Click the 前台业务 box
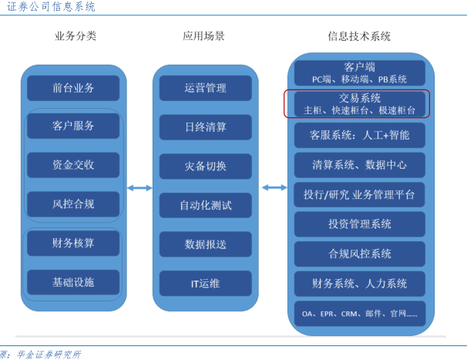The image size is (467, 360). pyautogui.click(x=73, y=88)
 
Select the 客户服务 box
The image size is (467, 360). pyautogui.click(x=73, y=126)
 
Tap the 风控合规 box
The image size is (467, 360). pyautogui.click(x=73, y=204)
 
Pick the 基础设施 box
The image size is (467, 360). pyautogui.click(x=73, y=282)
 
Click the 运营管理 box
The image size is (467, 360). pyautogui.click(x=206, y=88)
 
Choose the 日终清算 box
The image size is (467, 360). pyautogui.click(x=206, y=127)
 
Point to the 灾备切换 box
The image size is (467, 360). pyautogui.click(x=206, y=167)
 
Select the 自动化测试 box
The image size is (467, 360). pyautogui.click(x=206, y=205)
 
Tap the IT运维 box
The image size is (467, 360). pyautogui.click(x=206, y=284)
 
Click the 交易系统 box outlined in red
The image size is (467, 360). pyautogui.click(x=357, y=104)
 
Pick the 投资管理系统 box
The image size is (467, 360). pyautogui.click(x=359, y=224)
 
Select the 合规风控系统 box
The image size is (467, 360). pyautogui.click(x=359, y=254)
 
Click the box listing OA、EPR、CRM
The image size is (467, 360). pyautogui.click(x=359, y=314)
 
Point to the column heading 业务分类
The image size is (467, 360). pyautogui.click(x=76, y=36)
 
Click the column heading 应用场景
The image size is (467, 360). pyautogui.click(x=203, y=36)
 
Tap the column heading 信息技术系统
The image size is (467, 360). pyautogui.click(x=359, y=36)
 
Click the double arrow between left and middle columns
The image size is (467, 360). pyautogui.click(x=139, y=188)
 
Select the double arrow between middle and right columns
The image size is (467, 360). pyautogui.click(x=274, y=187)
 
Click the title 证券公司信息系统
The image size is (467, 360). pyautogui.click(x=51, y=7)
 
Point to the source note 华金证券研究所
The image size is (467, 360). pyautogui.click(x=49, y=355)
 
